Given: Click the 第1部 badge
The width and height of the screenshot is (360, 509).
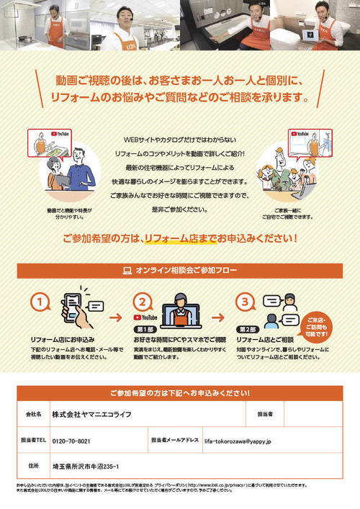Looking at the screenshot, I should tap(145, 329).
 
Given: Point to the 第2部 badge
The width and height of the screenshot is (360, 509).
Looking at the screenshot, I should tap(248, 329).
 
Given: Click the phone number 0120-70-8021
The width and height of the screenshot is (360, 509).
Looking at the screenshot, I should tap(71, 440).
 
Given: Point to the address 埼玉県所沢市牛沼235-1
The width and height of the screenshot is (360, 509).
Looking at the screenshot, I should tap(86, 466).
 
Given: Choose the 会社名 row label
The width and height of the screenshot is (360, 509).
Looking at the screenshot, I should tap(33, 415).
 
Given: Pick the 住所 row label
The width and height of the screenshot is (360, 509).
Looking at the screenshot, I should tap(33, 466).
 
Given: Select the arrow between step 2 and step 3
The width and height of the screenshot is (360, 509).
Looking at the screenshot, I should tap(217, 315).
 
